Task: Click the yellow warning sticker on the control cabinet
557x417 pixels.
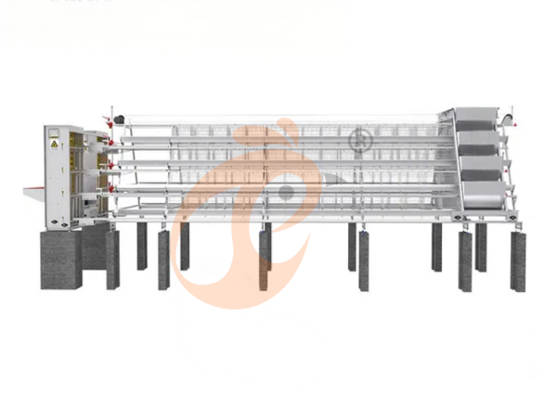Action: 55,145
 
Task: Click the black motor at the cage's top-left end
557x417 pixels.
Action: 119,119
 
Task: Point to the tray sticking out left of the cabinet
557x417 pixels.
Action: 32,193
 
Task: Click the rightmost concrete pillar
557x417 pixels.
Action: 518,260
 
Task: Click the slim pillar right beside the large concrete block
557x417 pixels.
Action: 113,259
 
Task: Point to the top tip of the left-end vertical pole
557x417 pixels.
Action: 111,107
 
